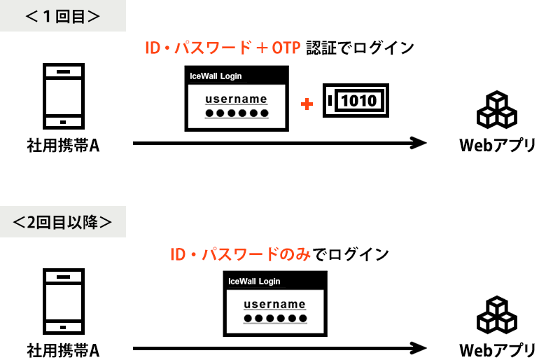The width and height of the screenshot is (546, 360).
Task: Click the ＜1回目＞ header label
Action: click(x=63, y=16)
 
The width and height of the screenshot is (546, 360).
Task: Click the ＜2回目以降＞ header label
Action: click(x=63, y=222)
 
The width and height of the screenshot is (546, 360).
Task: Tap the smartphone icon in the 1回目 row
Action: click(x=64, y=96)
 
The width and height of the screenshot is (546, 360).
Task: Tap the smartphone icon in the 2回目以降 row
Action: click(x=64, y=301)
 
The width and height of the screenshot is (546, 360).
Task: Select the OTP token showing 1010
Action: click(x=356, y=100)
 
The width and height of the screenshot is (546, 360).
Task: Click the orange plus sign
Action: click(x=307, y=104)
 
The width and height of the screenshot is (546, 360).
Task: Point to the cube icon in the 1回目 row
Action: click(x=497, y=110)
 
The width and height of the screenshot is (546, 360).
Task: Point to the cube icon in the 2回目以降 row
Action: click(x=497, y=315)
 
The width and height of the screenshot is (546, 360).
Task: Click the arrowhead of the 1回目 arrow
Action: click(x=419, y=143)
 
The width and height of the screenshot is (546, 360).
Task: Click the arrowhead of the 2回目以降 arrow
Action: click(x=419, y=348)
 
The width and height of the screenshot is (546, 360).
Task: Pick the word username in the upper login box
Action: click(x=236, y=99)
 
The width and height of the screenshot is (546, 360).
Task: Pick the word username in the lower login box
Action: click(x=274, y=304)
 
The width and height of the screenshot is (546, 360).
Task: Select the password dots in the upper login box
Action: click(x=237, y=113)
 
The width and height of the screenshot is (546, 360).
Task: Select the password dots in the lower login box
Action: click(x=275, y=319)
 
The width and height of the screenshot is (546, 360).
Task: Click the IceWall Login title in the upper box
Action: click(x=216, y=76)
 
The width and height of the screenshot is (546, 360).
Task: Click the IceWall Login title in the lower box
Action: click(x=254, y=282)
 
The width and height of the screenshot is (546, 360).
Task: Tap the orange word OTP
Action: click(x=286, y=48)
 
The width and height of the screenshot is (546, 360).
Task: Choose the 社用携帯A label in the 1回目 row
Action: click(x=63, y=145)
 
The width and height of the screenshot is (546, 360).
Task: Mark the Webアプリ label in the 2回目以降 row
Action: click(x=497, y=351)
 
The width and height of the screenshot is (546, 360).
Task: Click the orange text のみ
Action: click(x=295, y=254)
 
